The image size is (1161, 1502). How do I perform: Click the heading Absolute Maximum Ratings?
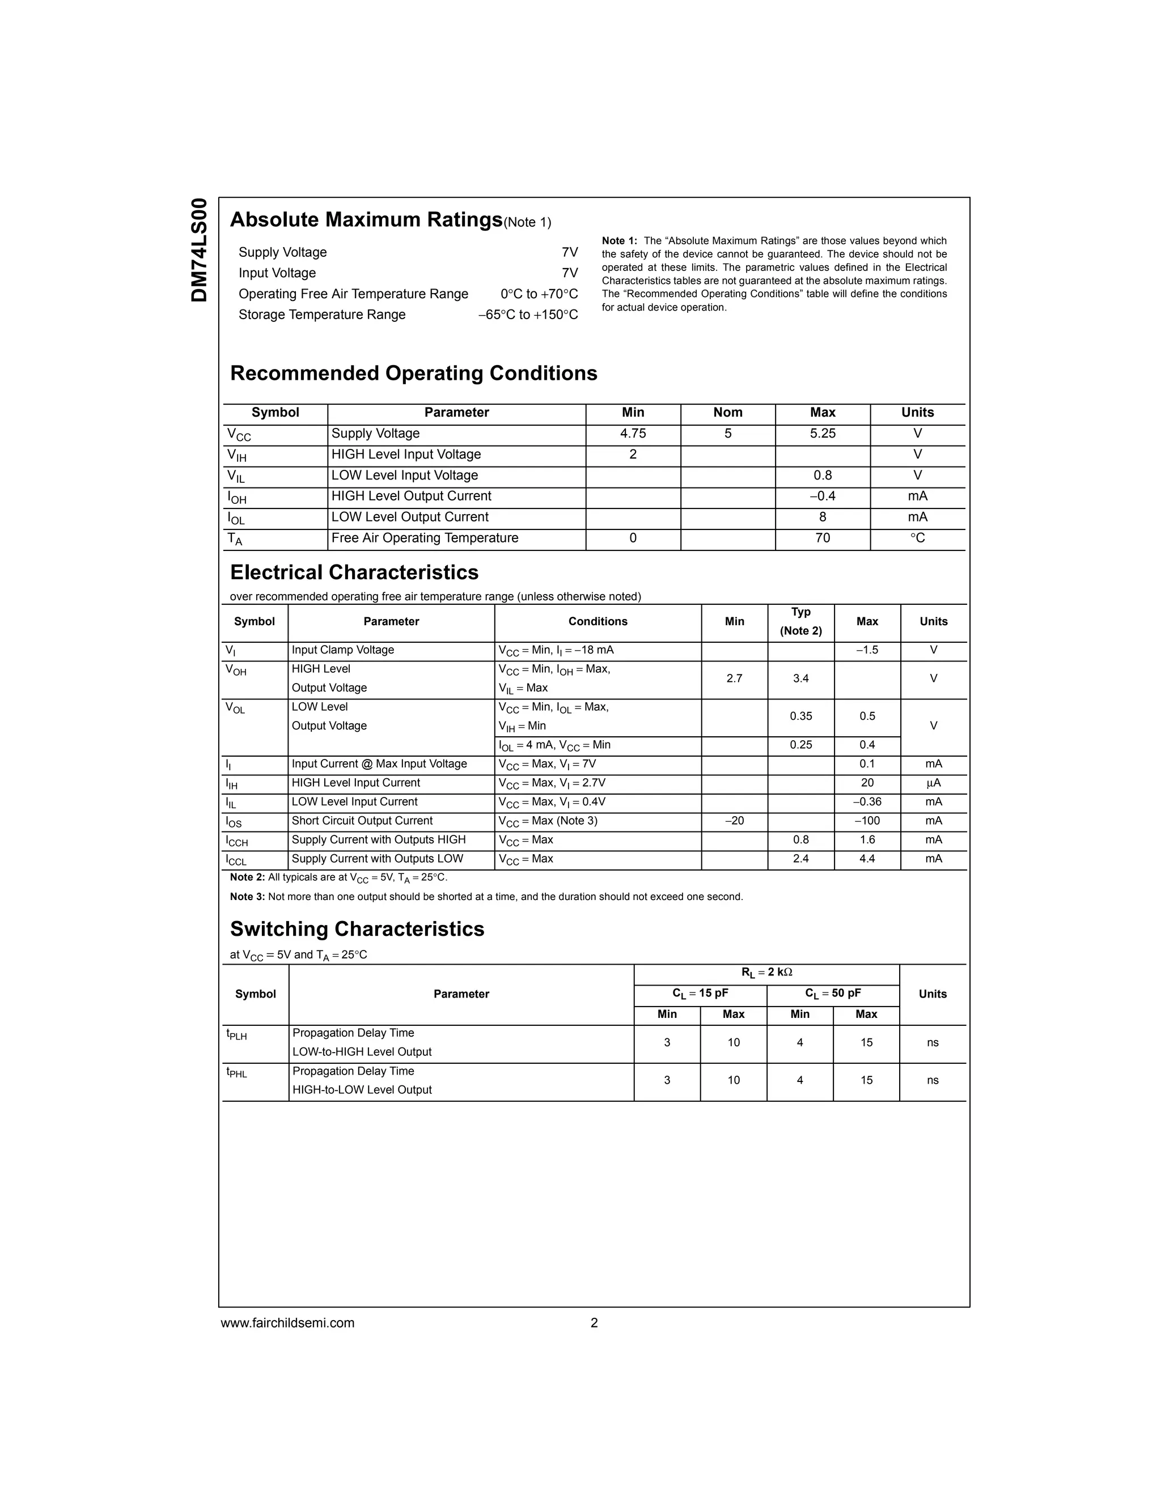click(366, 220)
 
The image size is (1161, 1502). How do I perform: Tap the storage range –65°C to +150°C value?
click(528, 315)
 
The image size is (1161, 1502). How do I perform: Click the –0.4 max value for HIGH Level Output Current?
click(822, 497)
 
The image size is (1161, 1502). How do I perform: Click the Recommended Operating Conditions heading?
click(413, 374)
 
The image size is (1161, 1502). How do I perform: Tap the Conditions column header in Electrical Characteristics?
click(597, 622)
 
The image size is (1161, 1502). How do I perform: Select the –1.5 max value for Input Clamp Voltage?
click(867, 651)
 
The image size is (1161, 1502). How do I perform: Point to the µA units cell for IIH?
click(933, 783)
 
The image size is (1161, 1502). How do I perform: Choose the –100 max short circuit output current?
click(867, 821)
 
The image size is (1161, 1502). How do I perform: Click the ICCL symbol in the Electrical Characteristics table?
click(236, 860)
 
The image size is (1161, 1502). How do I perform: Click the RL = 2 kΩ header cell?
click(766, 973)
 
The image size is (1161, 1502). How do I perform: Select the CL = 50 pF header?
click(832, 994)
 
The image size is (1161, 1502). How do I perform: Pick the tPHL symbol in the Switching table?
click(236, 1072)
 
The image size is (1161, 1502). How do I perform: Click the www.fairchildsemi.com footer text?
click(287, 1322)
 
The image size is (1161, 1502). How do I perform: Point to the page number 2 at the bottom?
click(594, 1322)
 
